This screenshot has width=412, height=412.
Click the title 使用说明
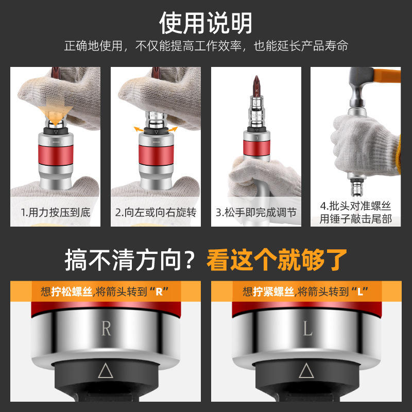(x=205, y=23)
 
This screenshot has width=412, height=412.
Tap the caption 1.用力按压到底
(x=56, y=213)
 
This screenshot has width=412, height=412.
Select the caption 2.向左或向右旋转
(x=156, y=213)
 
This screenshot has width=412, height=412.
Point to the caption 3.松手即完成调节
(x=256, y=213)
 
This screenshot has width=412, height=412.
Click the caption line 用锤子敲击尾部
(x=356, y=219)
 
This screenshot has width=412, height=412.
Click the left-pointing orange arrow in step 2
(x=139, y=129)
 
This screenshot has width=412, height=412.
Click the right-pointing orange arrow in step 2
(x=173, y=129)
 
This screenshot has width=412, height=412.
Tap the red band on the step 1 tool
(x=56, y=155)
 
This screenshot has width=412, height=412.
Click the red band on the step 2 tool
(x=156, y=155)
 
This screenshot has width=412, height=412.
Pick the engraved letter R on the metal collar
(x=106, y=329)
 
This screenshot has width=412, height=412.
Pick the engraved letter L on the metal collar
(x=307, y=329)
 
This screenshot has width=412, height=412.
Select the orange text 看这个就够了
(x=277, y=260)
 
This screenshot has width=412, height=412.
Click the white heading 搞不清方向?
(x=130, y=260)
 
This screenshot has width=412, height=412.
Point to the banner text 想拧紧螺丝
(x=268, y=291)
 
